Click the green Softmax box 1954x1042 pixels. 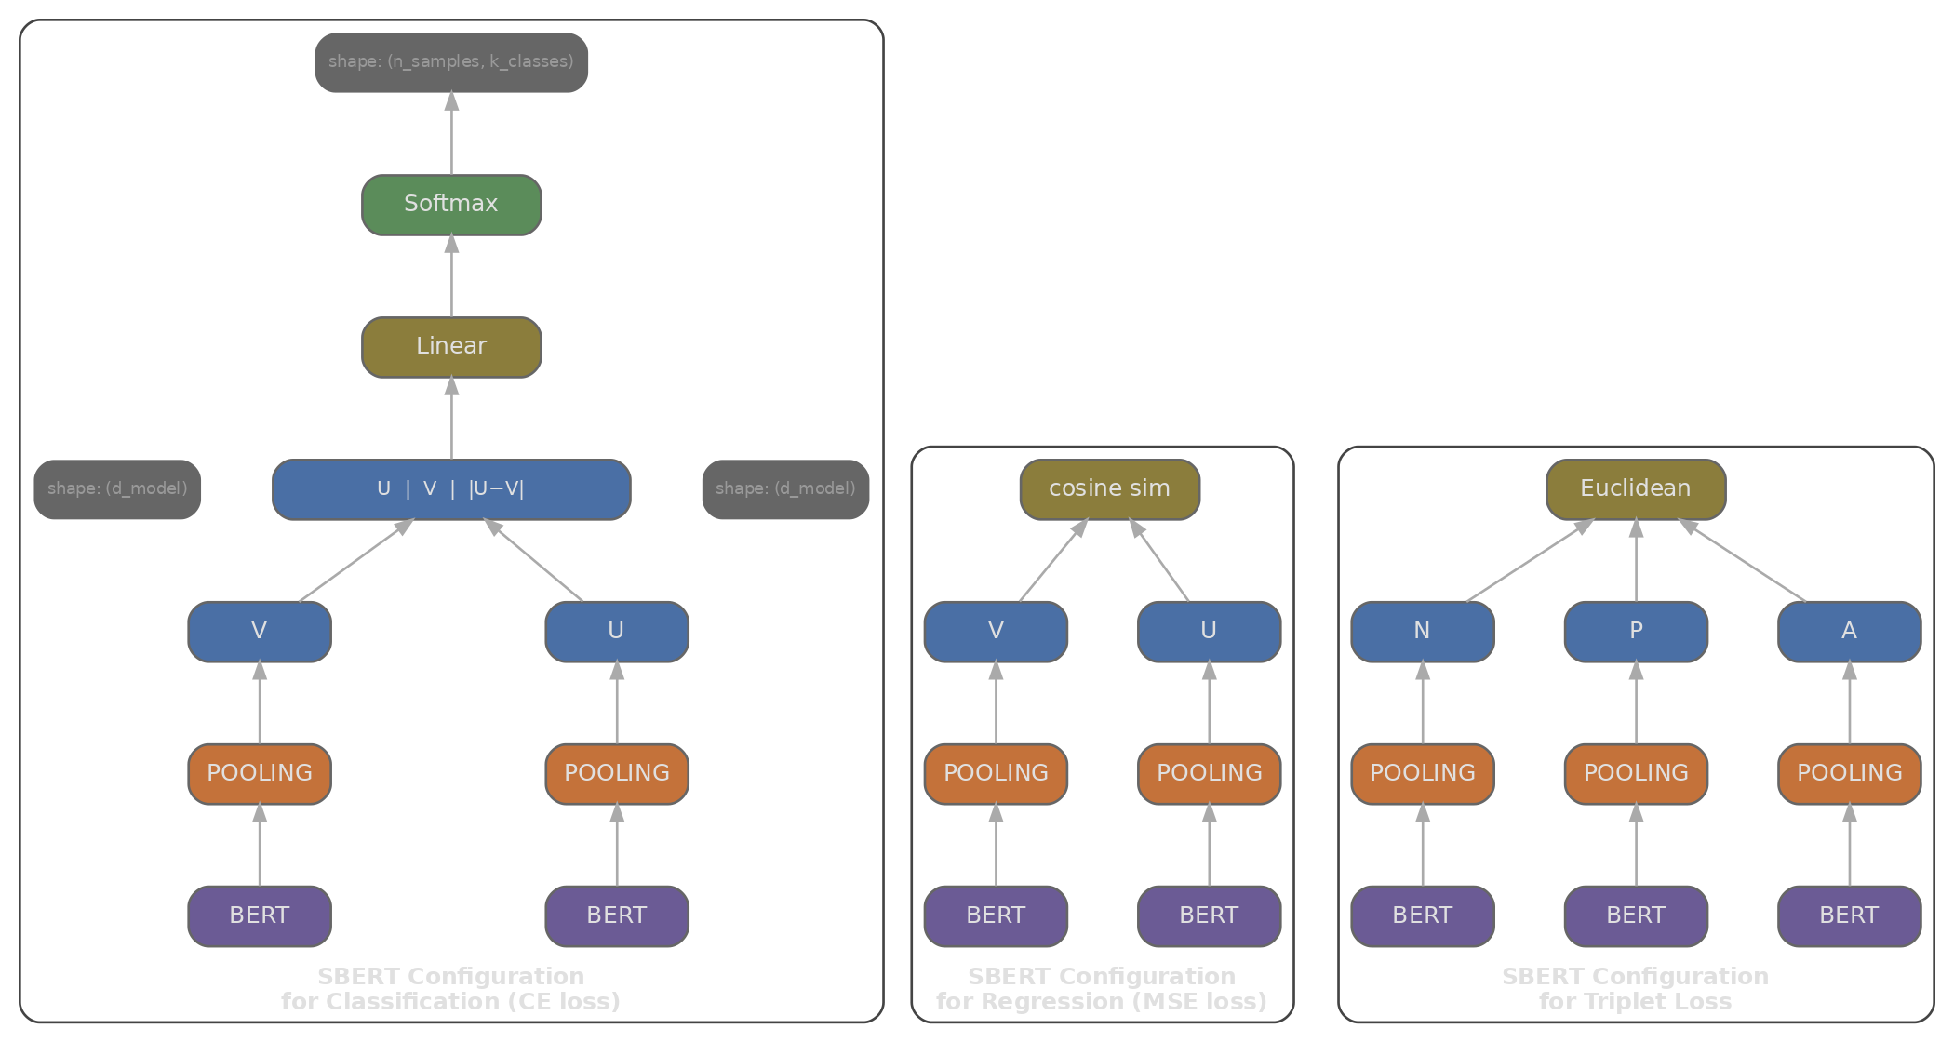[x=451, y=205]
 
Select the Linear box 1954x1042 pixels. [x=451, y=347]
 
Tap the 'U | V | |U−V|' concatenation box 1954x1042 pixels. [x=451, y=489]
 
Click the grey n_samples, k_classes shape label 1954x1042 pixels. [x=451, y=62]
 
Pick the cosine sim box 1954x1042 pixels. [x=1109, y=489]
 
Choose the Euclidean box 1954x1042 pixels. [x=1636, y=489]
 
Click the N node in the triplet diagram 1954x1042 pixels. [x=1422, y=632]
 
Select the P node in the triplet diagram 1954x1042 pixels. [x=1636, y=632]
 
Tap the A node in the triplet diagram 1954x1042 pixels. [x=1849, y=632]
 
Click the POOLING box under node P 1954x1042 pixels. [x=1636, y=774]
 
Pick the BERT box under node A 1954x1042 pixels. [x=1849, y=916]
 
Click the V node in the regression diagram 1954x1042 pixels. [x=996, y=632]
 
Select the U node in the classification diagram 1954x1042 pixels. [x=617, y=632]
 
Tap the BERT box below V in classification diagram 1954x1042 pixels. [x=260, y=916]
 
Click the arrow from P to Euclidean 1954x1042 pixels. [x=1636, y=562]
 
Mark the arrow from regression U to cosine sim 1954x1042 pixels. [x=1161, y=562]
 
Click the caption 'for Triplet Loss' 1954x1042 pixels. [x=1635, y=1002]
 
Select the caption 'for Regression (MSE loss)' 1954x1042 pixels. [x=1102, y=1002]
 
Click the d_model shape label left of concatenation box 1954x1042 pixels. [x=117, y=489]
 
